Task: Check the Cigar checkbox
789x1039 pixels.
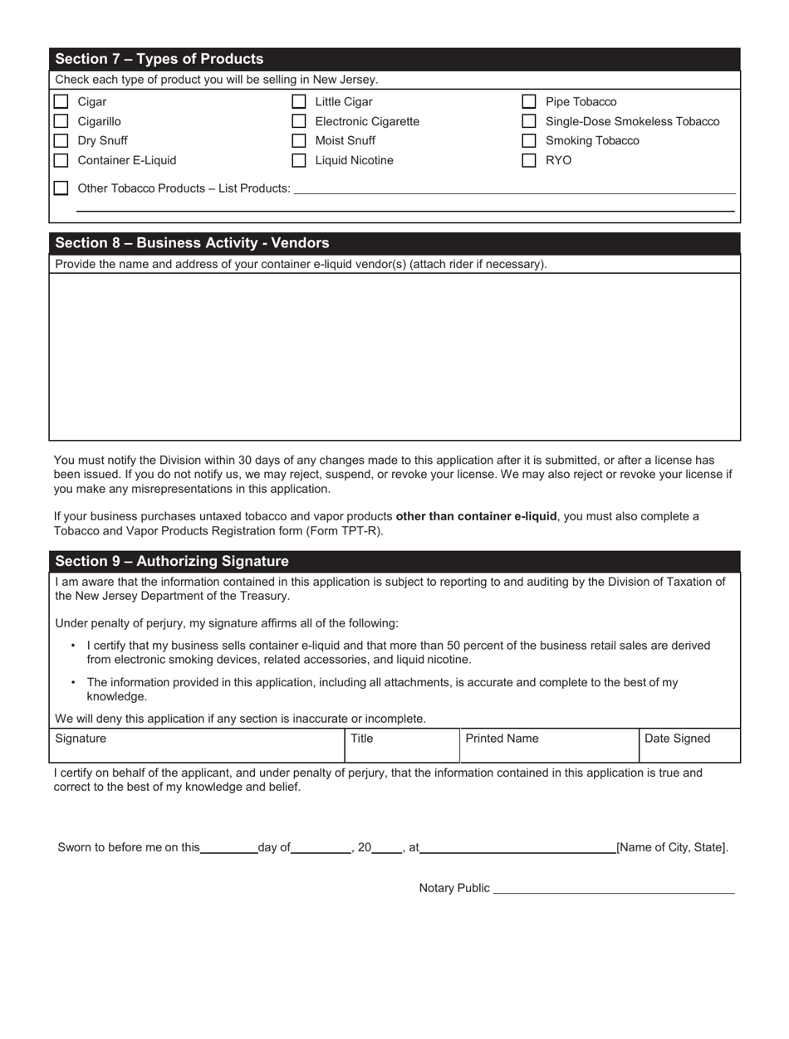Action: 61,102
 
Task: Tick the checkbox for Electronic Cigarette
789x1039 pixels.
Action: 299,122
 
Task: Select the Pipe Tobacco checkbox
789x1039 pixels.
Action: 528,102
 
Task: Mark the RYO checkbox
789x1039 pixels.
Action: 528,161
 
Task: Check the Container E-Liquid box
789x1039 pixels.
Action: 61,161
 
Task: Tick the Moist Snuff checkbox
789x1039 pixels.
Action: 299,141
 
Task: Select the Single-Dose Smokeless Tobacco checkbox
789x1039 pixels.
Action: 528,122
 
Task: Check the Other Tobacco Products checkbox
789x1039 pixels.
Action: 61,188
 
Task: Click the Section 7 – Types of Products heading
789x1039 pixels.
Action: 159,59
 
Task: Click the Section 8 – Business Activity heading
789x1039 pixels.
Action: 192,243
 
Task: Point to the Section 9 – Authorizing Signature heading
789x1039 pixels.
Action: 172,561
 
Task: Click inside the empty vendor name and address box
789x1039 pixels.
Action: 394,357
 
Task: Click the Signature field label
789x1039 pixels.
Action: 81,738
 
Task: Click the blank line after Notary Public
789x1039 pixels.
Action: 614,888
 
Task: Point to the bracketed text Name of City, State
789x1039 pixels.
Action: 672,847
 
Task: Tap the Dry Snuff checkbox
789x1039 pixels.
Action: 61,141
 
